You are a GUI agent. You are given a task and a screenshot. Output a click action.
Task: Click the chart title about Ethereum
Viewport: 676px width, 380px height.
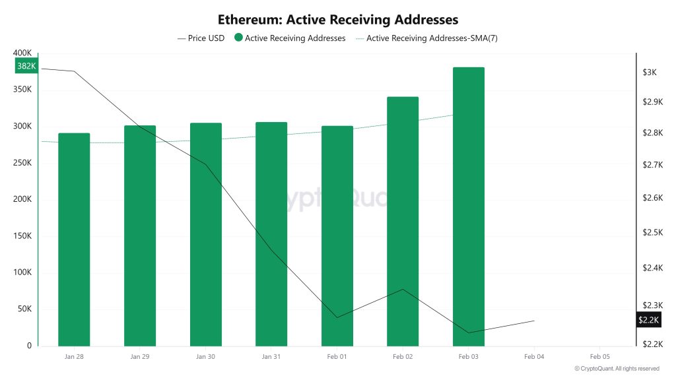click(338, 20)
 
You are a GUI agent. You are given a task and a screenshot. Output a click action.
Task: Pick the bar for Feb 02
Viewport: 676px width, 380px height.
click(403, 221)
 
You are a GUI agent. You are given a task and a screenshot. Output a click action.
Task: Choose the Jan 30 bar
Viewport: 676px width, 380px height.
click(205, 234)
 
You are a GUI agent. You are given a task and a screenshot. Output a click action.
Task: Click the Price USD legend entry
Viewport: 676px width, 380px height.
click(201, 38)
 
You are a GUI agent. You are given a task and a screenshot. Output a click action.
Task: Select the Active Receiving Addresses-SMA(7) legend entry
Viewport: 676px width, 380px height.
click(427, 38)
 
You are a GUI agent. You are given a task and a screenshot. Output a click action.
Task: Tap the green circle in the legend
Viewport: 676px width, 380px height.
click(238, 38)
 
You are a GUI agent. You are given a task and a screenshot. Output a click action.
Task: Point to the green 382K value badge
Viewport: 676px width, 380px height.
click(26, 66)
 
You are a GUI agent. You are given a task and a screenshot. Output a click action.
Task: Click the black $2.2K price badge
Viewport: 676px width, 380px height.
click(648, 320)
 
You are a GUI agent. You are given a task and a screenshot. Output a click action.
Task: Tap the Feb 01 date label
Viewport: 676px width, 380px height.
click(337, 357)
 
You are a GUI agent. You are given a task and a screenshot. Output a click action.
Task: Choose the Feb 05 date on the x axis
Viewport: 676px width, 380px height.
click(599, 357)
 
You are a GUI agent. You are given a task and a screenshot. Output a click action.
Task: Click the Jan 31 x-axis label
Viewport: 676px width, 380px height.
click(271, 357)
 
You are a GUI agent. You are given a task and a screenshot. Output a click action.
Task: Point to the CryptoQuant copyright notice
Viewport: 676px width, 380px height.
click(617, 369)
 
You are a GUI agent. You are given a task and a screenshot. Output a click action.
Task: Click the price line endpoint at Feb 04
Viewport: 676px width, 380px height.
click(534, 321)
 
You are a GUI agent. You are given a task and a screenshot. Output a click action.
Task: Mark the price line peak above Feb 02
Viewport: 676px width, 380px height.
click(403, 289)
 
